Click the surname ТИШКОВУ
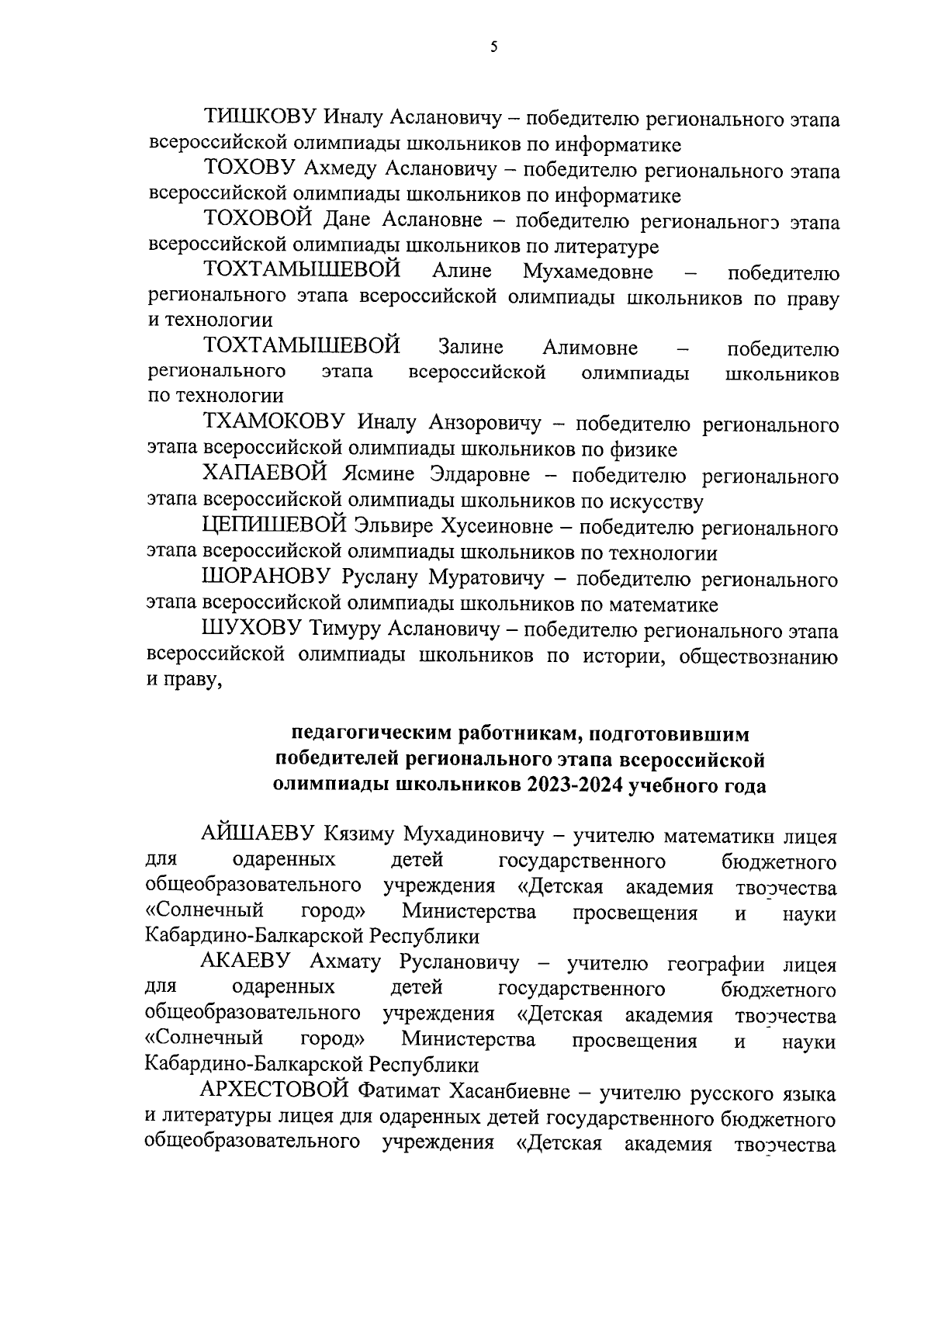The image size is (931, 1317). pos(259,118)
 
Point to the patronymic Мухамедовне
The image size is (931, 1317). pos(587,272)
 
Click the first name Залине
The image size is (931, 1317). pos(470,348)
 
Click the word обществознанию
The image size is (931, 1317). pos(758,656)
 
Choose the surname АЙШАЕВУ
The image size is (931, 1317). pos(256,835)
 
